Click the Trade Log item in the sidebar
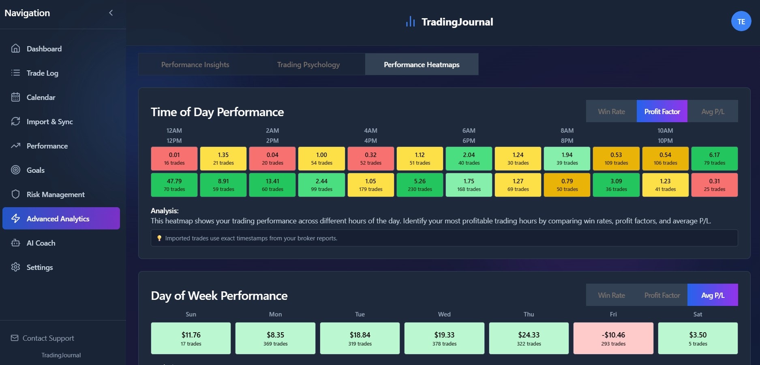pos(42,73)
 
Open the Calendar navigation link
pos(41,98)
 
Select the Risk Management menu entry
pos(55,195)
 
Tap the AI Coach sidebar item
pos(41,243)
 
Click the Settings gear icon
pos(15,267)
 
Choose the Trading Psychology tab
pos(308,65)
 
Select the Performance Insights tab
pos(195,65)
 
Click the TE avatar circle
pos(741,21)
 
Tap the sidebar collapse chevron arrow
pos(111,13)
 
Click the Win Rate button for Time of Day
pos(611,111)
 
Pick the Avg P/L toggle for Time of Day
pos(713,111)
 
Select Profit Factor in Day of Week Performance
pos(662,295)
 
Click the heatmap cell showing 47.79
pos(174,185)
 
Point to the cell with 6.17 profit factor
pos(714,159)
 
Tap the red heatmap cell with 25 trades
pos(714,185)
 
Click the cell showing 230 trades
pos(420,185)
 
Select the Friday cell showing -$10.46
pos(613,338)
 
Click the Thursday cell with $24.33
pos(529,338)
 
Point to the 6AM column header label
pos(469,131)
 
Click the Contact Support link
pos(48,338)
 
